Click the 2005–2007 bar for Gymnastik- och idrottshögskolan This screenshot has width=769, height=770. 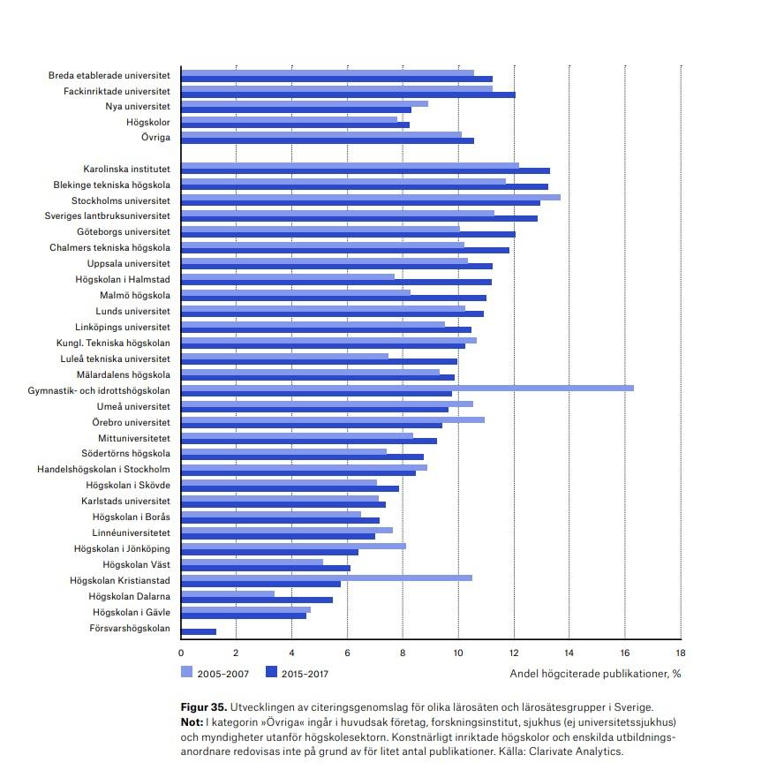(x=408, y=388)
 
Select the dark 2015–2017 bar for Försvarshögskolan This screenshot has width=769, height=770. (x=199, y=632)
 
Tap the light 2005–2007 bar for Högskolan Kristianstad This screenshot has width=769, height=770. (x=327, y=578)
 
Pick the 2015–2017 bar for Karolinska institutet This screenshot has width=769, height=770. (x=366, y=171)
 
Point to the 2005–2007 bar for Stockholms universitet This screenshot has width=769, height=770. (x=371, y=198)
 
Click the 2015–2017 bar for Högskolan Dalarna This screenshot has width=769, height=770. (x=257, y=600)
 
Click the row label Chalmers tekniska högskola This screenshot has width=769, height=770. (x=109, y=247)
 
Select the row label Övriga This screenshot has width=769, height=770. (x=155, y=137)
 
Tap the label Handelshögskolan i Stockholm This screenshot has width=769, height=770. (x=103, y=469)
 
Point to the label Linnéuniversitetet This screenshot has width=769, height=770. (x=132, y=532)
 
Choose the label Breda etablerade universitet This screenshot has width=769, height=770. (x=109, y=75)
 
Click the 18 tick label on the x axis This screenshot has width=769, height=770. (x=680, y=653)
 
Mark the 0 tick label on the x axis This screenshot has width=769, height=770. (x=181, y=653)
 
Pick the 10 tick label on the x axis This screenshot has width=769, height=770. (x=458, y=653)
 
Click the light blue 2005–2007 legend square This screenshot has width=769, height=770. (x=186, y=672)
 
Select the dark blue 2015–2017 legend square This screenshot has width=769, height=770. (x=271, y=672)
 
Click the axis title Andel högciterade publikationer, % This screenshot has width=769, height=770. (x=595, y=673)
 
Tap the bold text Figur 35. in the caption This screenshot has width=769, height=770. (x=204, y=707)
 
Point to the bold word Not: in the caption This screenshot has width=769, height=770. (x=192, y=722)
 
